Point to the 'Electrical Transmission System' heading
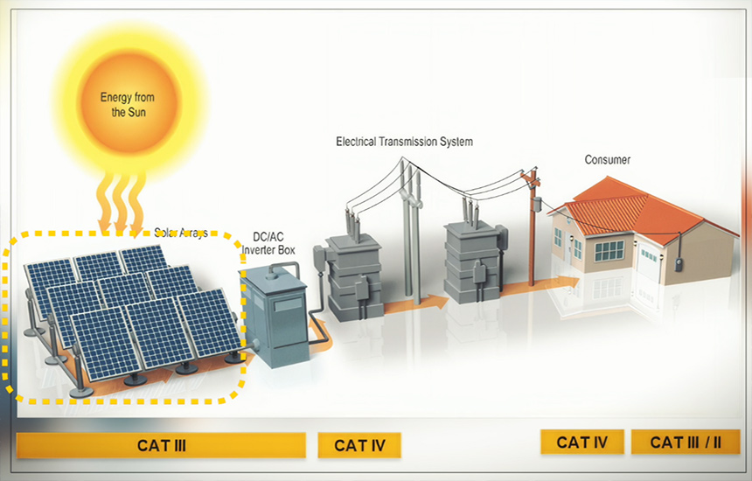[404, 141]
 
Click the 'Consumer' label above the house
[607, 160]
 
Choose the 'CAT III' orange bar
[161, 445]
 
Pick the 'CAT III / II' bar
[686, 442]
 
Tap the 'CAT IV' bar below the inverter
[359, 445]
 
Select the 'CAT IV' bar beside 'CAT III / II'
[581, 442]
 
